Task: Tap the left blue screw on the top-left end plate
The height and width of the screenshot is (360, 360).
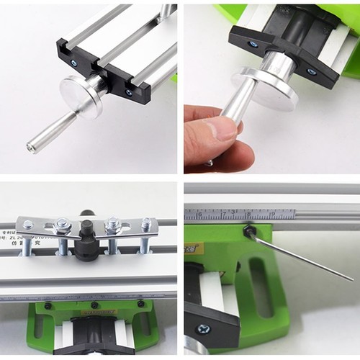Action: [73, 63]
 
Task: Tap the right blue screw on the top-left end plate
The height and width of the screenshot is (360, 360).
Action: [130, 92]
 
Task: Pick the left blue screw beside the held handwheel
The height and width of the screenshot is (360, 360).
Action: [253, 44]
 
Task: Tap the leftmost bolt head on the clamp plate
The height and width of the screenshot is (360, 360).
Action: [28, 225]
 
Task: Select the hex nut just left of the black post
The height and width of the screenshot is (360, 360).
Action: [63, 225]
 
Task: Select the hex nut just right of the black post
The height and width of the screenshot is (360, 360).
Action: [112, 225]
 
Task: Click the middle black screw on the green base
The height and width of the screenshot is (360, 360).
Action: [94, 305]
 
